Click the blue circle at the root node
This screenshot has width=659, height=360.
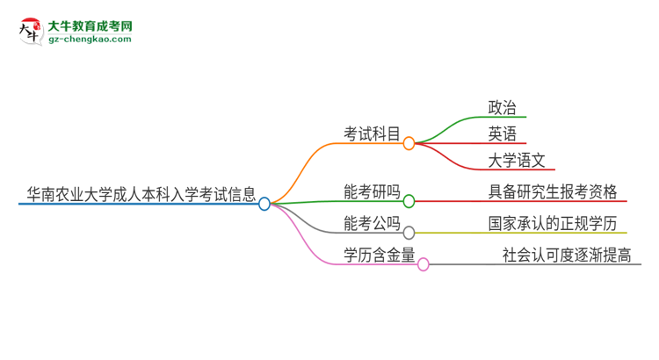coord(264,204)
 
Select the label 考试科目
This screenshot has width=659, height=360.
coord(372,133)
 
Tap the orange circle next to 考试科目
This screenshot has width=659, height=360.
coord(409,143)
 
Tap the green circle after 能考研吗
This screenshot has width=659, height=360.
coord(409,202)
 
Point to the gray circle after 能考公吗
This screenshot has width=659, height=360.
coord(409,233)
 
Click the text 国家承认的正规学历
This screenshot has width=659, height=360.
coord(553,223)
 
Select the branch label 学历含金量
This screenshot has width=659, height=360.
coord(379,255)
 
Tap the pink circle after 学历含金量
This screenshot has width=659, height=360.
coord(423,264)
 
